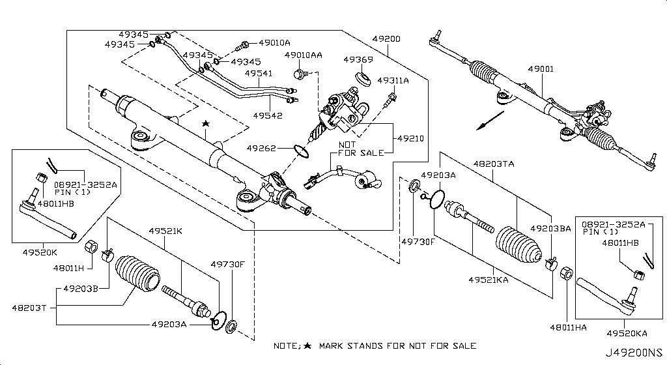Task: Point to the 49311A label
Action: (x=393, y=80)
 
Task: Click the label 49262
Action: (x=263, y=148)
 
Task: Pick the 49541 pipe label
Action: (x=258, y=74)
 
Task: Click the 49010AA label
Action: (x=303, y=56)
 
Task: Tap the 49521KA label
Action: (x=488, y=280)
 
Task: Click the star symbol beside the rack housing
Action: (x=206, y=123)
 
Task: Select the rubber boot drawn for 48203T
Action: (x=137, y=276)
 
